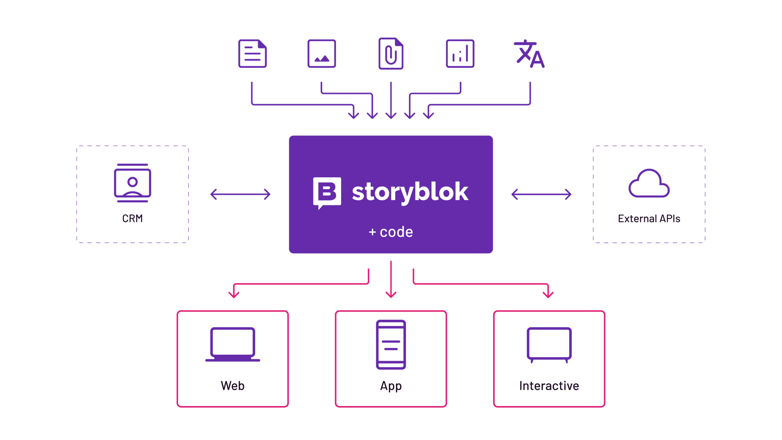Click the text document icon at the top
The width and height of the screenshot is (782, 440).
click(x=252, y=54)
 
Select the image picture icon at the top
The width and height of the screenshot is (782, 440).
click(x=321, y=54)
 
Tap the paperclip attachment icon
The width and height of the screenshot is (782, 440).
click(x=391, y=54)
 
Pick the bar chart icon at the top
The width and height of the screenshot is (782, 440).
click(x=460, y=54)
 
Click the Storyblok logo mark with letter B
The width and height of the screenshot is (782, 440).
click(x=327, y=192)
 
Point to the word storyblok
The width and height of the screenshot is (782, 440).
click(x=410, y=192)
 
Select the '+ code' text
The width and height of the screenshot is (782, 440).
click(x=391, y=232)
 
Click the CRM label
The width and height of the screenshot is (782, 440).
click(x=132, y=219)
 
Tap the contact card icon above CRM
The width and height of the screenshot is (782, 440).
click(x=132, y=183)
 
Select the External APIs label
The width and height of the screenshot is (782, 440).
click(x=649, y=219)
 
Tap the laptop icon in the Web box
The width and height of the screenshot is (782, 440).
click(x=232, y=344)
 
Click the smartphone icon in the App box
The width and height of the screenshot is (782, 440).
click(x=391, y=344)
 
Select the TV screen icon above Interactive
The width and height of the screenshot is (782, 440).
click(x=549, y=344)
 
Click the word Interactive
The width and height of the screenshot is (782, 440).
click(x=549, y=386)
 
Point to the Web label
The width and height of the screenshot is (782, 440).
click(x=232, y=386)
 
